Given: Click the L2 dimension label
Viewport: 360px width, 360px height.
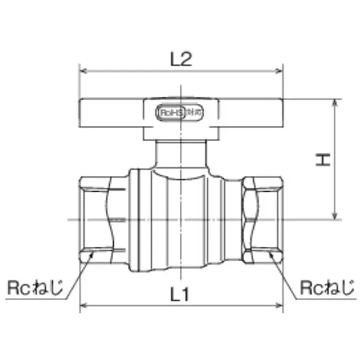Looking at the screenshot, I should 181,60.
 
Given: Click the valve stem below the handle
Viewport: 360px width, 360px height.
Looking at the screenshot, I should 180,154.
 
